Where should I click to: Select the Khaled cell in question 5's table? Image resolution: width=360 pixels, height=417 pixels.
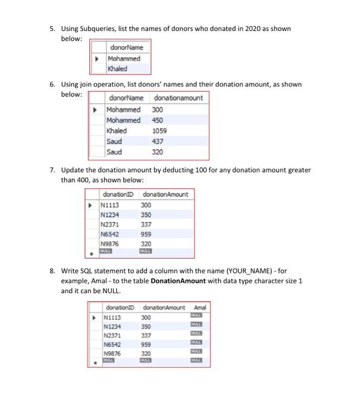117,69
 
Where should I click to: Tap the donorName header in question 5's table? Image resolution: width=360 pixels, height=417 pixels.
126,47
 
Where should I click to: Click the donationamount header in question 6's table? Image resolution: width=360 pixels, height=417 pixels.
178,98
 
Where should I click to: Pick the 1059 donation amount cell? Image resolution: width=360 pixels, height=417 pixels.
159,130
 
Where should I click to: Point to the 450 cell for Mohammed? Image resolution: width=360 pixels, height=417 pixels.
158,120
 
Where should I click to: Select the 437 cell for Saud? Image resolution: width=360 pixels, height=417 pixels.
158,141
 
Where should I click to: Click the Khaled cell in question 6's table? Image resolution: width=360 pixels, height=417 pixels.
117,130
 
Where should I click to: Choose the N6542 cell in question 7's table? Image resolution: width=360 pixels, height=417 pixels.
111,234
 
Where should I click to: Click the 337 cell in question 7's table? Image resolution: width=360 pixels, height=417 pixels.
146,225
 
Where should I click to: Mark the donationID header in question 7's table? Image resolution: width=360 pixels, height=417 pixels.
118,194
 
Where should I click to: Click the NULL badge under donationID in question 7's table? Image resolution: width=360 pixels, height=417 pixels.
107,251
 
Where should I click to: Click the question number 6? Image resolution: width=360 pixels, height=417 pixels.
52,85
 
